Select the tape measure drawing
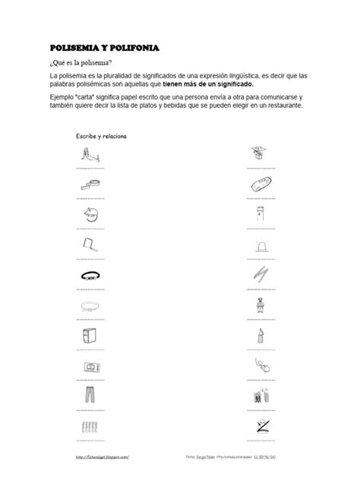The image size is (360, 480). pyautogui.click(x=89, y=182)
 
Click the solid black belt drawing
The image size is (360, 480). pyautogui.click(x=89, y=275)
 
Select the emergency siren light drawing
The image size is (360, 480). pyautogui.click(x=258, y=245)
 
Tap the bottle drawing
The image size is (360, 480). pyautogui.click(x=259, y=336)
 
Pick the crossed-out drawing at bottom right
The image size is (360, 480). pyautogui.click(x=258, y=425)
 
